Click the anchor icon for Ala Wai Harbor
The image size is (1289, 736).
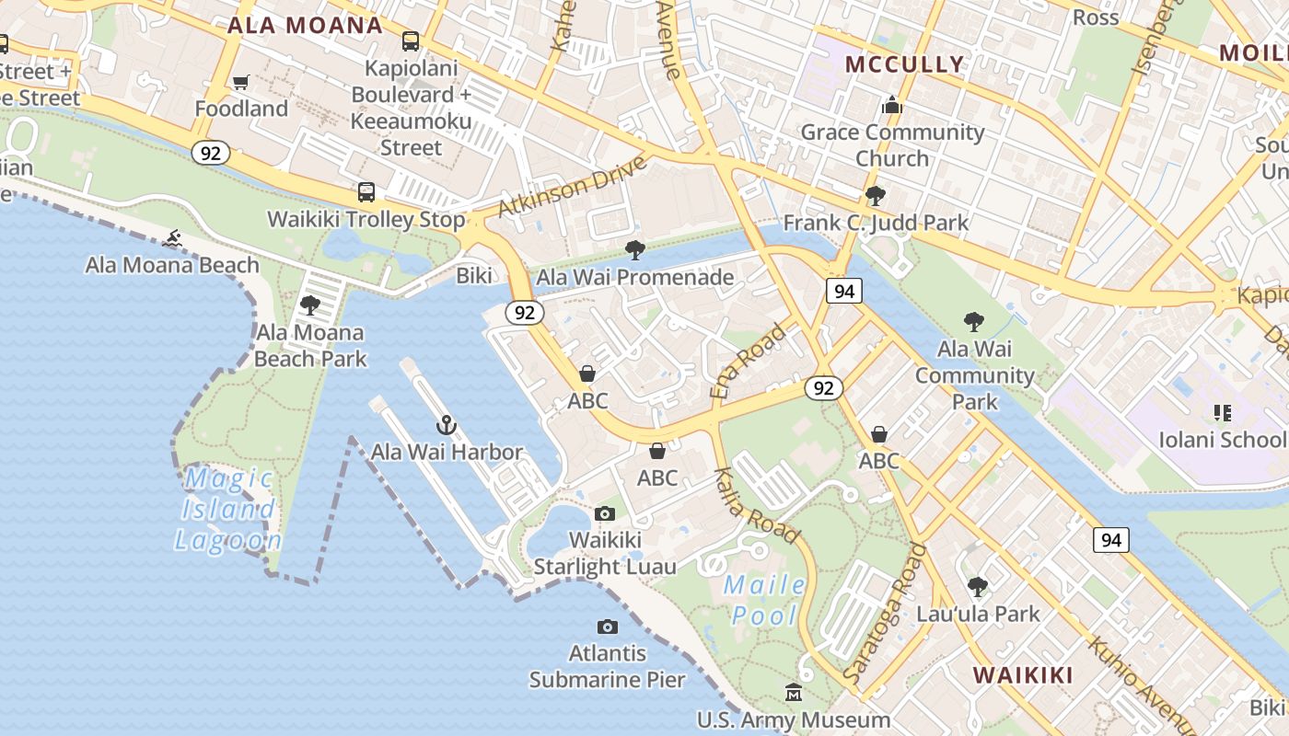(447, 425)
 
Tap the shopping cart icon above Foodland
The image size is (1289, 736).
(241, 83)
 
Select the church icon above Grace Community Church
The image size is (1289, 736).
(891, 106)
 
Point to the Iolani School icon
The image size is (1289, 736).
(1222, 413)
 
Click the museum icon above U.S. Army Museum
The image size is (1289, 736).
(794, 692)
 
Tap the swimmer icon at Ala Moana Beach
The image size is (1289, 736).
(172, 240)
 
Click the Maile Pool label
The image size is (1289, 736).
(764, 600)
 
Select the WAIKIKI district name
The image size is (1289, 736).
(1023, 675)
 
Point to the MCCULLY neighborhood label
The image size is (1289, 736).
(904, 64)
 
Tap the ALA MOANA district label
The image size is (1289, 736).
(305, 25)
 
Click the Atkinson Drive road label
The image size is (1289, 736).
(572, 187)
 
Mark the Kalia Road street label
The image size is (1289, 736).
(757, 505)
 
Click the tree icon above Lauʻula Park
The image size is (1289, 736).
(978, 586)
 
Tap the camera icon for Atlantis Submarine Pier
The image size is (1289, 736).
(607, 627)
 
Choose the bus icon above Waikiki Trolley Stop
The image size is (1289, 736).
(366, 192)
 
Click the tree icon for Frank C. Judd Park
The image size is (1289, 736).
(875, 196)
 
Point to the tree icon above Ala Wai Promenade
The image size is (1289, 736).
(634, 249)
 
